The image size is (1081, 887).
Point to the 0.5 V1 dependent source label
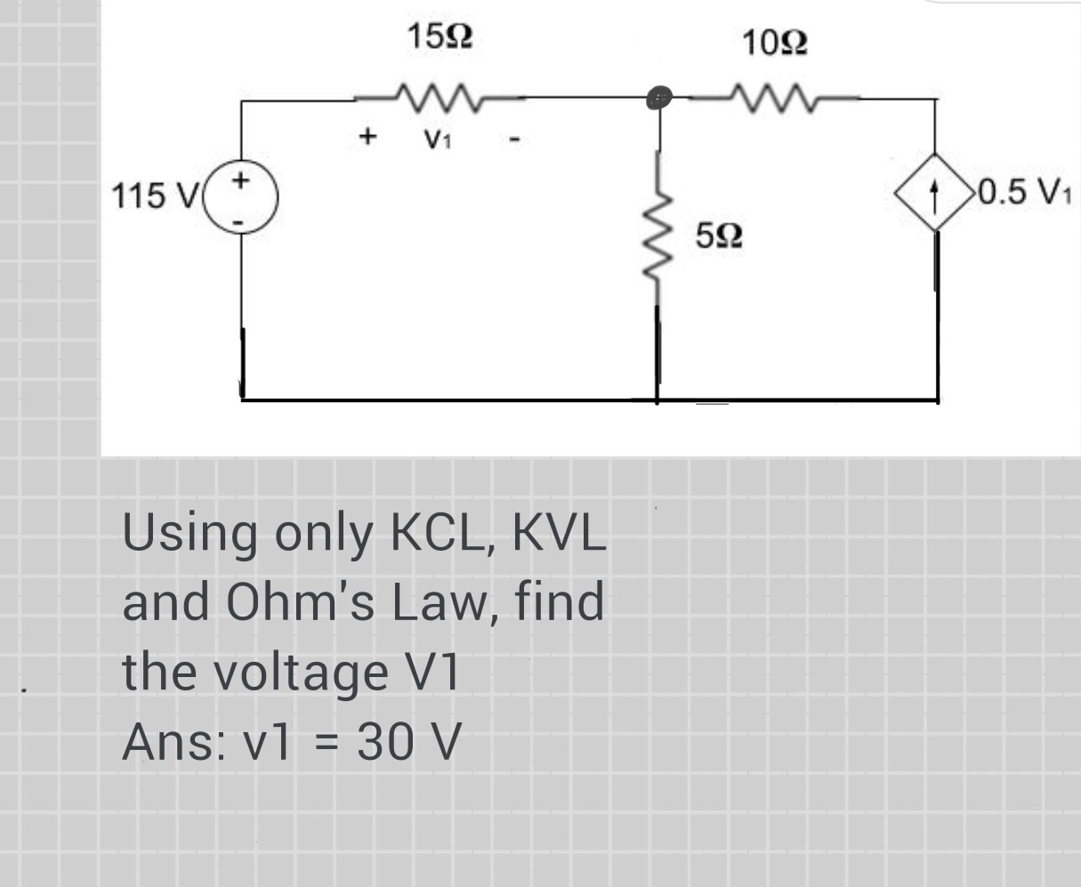point(1023,191)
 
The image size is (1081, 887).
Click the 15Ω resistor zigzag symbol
point(435,93)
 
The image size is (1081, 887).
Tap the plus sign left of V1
point(365,137)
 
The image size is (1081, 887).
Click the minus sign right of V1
point(514,139)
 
